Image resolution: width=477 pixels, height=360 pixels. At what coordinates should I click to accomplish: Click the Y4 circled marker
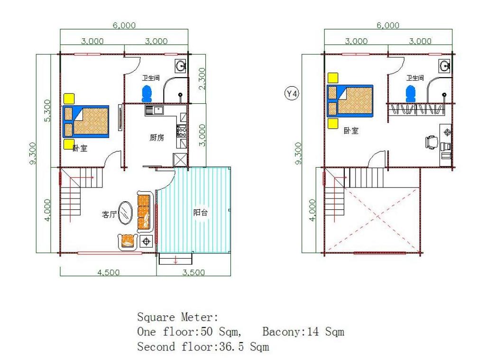pyautogui.click(x=292, y=94)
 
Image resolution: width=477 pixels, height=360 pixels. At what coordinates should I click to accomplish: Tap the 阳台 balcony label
pyautogui.click(x=201, y=212)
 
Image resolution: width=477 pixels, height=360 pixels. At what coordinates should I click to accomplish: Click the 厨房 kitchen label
pyautogui.click(x=156, y=138)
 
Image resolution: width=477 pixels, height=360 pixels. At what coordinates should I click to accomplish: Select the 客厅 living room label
pyautogui.click(x=109, y=215)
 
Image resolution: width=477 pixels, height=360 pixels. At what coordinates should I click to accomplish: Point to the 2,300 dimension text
pyautogui.click(x=202, y=78)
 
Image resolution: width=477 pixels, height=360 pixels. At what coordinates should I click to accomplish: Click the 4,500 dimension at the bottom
pyautogui.click(x=108, y=272)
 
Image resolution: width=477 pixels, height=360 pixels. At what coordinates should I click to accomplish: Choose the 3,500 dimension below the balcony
pyautogui.click(x=193, y=272)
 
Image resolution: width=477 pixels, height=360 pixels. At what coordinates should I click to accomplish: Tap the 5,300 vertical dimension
pyautogui.click(x=48, y=110)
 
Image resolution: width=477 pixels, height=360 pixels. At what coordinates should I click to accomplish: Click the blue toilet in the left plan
pyautogui.click(x=147, y=94)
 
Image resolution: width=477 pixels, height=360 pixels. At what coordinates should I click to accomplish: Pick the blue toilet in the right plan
pyautogui.click(x=410, y=94)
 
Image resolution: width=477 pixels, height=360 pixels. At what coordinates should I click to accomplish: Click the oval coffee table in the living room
pyautogui.click(x=125, y=213)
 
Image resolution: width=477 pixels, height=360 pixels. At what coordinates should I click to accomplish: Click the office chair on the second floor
pyautogui.click(x=432, y=142)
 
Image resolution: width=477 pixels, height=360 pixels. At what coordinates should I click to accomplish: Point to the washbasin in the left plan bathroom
pyautogui.click(x=181, y=66)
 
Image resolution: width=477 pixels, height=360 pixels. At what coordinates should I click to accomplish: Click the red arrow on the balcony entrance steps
pyautogui.click(x=175, y=260)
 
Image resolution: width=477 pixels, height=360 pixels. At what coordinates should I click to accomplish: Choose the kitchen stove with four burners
pyautogui.click(x=182, y=131)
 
